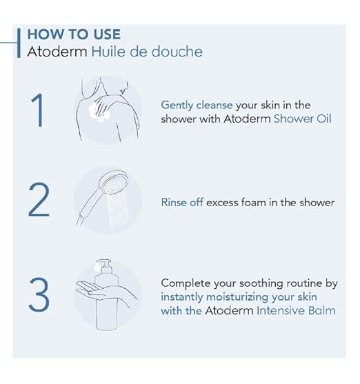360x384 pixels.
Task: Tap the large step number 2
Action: pos(39,201)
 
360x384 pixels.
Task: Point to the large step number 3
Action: pos(39,295)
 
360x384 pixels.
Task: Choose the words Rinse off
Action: pos(182,202)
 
